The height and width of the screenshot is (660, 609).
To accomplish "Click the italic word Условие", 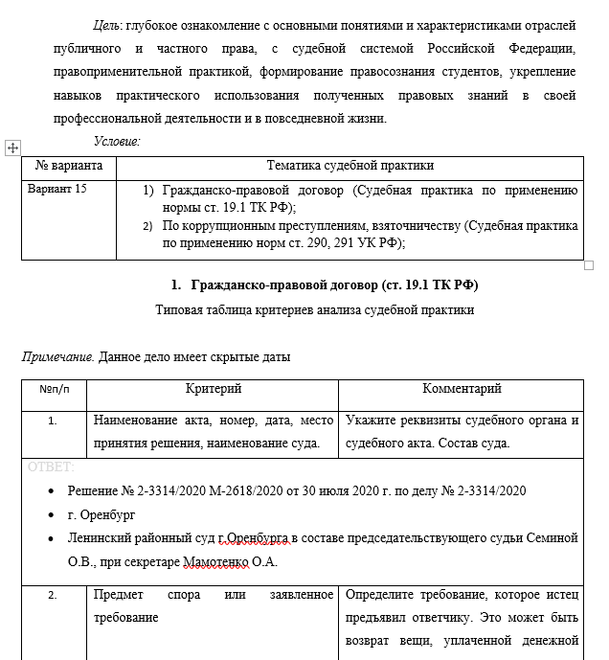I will [117, 141].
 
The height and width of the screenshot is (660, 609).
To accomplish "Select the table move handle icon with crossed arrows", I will [12, 148].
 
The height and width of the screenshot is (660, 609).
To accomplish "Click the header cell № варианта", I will [69, 166].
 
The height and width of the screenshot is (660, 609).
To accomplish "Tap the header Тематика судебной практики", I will [350, 166].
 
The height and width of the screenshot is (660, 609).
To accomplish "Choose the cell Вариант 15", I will [57, 189].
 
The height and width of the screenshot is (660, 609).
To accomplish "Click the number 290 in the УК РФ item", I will [299, 243].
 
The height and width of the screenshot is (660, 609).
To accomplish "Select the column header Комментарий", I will [462, 389].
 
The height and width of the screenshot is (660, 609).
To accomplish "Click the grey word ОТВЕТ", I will [51, 467].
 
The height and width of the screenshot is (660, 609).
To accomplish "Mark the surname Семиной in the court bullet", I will [552, 538].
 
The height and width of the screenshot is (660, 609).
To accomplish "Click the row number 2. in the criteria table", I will [54, 595].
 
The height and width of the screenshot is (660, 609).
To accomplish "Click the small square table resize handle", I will [589, 264].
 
